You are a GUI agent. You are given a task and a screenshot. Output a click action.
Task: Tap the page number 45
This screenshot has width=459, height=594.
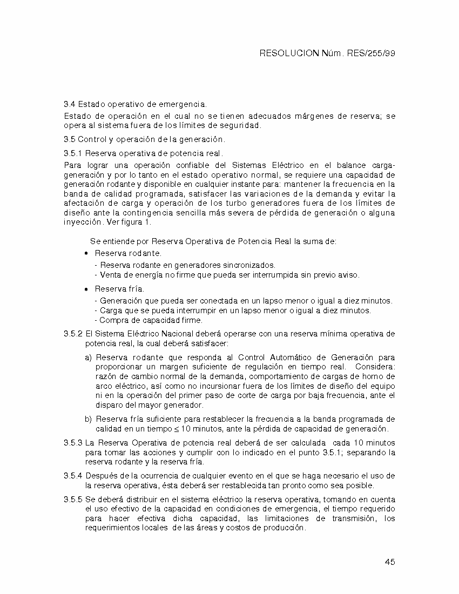coord(390,562)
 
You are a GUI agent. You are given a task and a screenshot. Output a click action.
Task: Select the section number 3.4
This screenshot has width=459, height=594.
coord(70,103)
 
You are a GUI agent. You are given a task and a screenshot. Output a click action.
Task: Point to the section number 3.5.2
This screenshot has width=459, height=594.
coord(73,334)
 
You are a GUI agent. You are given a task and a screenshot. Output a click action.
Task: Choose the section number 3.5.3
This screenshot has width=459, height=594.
coord(73,443)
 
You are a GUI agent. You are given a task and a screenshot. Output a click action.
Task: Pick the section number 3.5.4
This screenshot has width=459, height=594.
coord(73,475)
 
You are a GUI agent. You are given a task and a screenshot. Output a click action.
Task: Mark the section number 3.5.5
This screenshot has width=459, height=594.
coord(73,500)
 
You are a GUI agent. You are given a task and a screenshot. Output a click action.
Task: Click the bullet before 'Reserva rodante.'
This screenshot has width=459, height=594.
coord(86,253)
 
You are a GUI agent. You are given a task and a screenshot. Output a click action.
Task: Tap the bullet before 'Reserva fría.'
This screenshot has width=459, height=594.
coord(86,289)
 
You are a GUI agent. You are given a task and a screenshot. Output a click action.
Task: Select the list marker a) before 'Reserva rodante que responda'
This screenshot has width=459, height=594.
coord(88,357)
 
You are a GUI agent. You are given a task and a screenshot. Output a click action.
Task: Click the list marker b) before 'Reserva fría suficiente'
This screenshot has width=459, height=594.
coord(88,419)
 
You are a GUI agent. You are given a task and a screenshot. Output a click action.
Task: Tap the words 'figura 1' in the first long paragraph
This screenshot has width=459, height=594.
coord(137,222)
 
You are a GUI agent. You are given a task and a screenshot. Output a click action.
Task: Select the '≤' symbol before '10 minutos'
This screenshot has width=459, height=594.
coord(172,429)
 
